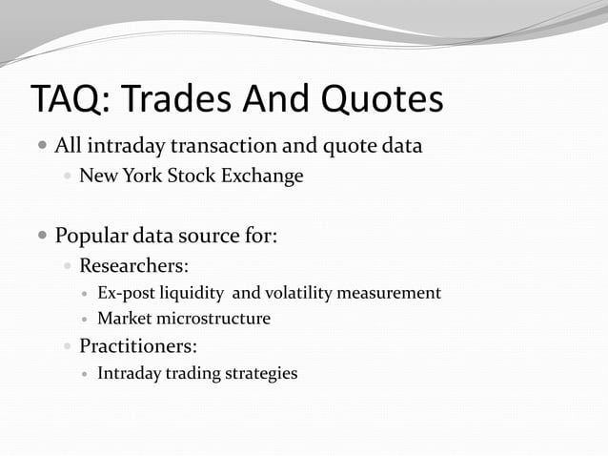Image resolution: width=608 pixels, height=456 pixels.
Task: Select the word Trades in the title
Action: click(178, 100)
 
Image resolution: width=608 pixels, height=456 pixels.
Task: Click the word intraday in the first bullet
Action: click(124, 148)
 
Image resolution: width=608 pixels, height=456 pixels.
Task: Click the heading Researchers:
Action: click(140, 264)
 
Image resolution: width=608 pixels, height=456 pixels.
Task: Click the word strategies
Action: click(260, 373)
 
